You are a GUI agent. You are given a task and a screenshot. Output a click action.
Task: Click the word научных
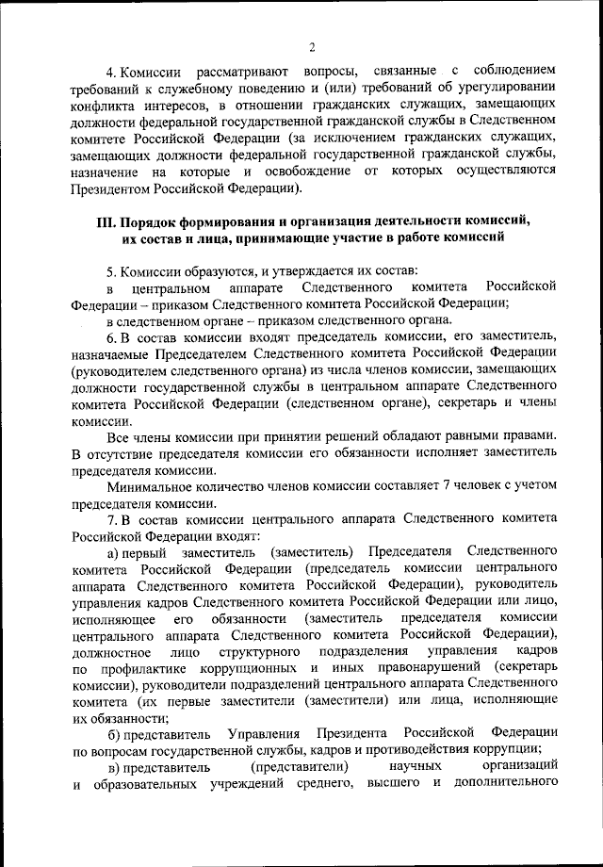(414, 769)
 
